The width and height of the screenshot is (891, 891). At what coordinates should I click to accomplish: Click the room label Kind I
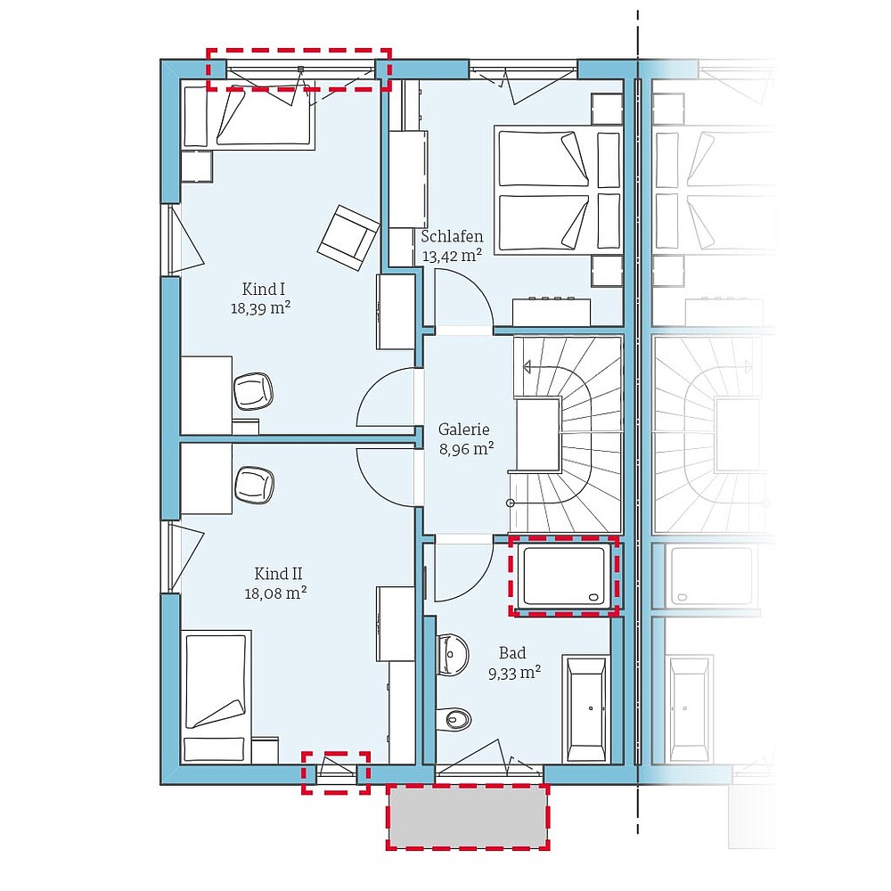point(263,290)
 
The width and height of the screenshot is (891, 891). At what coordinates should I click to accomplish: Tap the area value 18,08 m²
point(275,593)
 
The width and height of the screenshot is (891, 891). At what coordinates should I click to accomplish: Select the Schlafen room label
point(453,236)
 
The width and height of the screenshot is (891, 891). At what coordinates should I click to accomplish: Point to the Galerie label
point(463,429)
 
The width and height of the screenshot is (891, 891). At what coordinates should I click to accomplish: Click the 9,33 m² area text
point(515,674)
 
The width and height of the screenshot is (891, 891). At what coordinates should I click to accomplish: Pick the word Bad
point(512,653)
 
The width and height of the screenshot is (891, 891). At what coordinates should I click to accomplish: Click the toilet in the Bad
point(454,719)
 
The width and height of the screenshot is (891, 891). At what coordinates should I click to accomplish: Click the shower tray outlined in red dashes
point(564,576)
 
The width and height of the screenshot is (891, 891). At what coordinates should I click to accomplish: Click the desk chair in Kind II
point(254,485)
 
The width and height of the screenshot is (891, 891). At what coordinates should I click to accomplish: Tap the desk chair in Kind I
point(253,391)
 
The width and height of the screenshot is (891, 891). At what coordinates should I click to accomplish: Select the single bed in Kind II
point(216,697)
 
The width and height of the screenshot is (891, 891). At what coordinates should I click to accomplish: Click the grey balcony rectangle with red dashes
point(468,817)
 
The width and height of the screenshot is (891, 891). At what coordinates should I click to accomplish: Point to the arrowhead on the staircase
point(527,368)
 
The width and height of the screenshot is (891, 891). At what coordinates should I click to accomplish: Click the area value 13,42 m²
point(453,256)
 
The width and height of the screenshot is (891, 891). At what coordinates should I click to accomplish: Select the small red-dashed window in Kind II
point(336,772)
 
